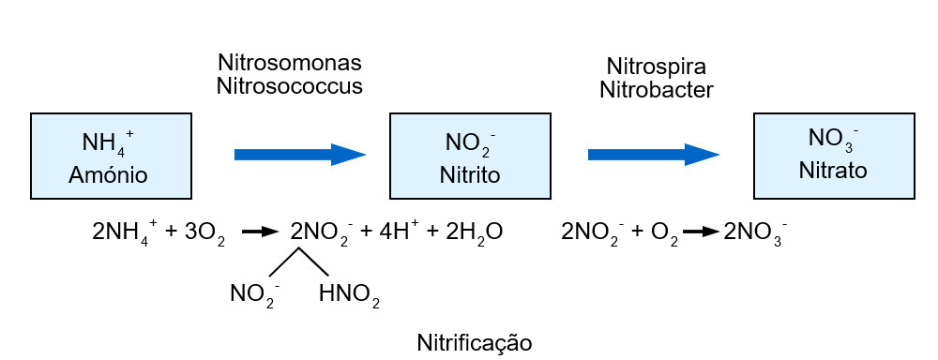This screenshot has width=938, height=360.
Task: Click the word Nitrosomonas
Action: [289, 64]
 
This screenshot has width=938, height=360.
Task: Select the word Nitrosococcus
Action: [289, 86]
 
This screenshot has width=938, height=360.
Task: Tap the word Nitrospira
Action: [656, 67]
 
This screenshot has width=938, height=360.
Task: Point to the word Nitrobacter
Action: [656, 90]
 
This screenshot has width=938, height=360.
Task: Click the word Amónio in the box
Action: [108, 174]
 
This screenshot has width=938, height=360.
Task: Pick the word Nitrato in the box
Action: [833, 172]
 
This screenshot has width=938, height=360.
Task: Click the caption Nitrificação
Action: [474, 341]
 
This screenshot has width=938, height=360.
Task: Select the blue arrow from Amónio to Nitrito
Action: [299, 154]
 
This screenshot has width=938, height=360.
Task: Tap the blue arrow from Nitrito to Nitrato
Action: [653, 154]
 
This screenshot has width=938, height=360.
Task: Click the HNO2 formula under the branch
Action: [349, 297]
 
